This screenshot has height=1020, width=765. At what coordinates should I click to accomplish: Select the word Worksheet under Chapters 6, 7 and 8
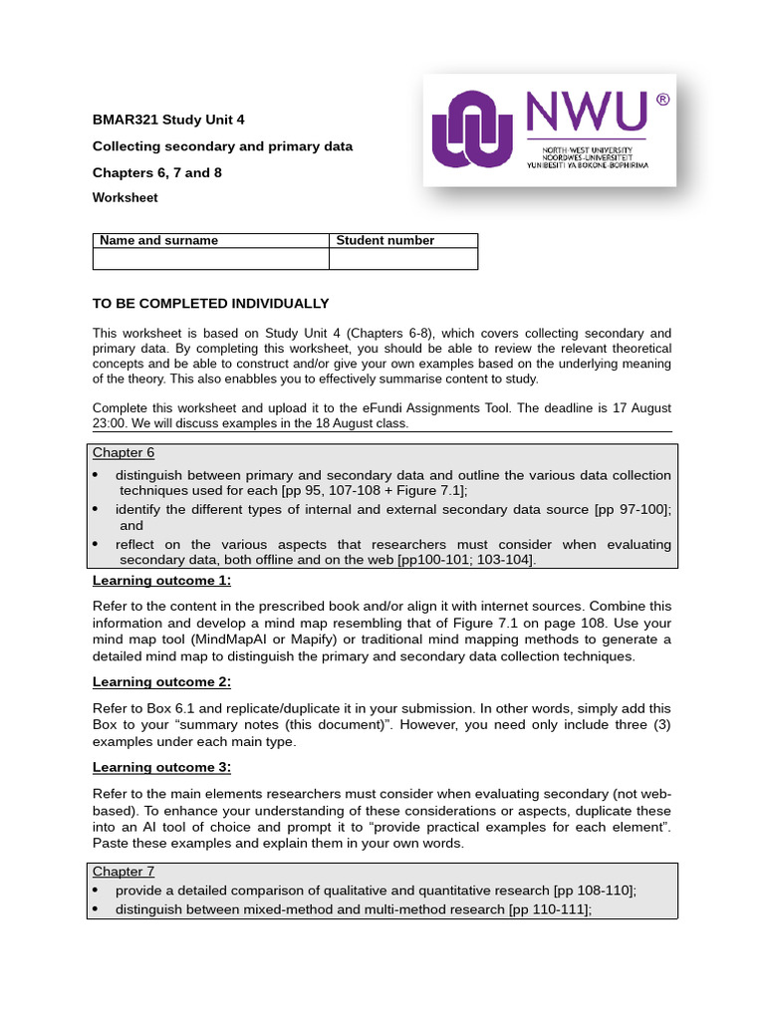(x=125, y=198)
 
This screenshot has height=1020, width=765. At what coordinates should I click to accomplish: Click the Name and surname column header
(x=157, y=240)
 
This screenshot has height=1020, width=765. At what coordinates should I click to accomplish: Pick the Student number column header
(x=385, y=240)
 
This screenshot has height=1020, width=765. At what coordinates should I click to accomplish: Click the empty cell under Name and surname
(x=210, y=259)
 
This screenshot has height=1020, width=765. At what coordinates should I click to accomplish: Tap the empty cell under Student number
(x=402, y=259)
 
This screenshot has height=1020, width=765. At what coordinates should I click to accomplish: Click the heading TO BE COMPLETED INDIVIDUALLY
(x=210, y=304)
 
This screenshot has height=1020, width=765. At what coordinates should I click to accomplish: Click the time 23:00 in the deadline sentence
(x=111, y=423)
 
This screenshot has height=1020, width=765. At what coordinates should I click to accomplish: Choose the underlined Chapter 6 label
(x=124, y=452)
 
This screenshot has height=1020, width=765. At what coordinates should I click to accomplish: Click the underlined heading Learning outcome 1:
(x=161, y=581)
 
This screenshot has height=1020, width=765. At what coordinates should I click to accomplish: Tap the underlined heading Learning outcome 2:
(x=161, y=682)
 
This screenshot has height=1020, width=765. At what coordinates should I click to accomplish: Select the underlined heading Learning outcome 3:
(x=161, y=767)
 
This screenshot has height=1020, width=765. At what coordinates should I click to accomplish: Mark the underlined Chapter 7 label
(x=124, y=872)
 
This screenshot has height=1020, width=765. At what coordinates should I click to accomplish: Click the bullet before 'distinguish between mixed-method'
(x=96, y=909)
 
